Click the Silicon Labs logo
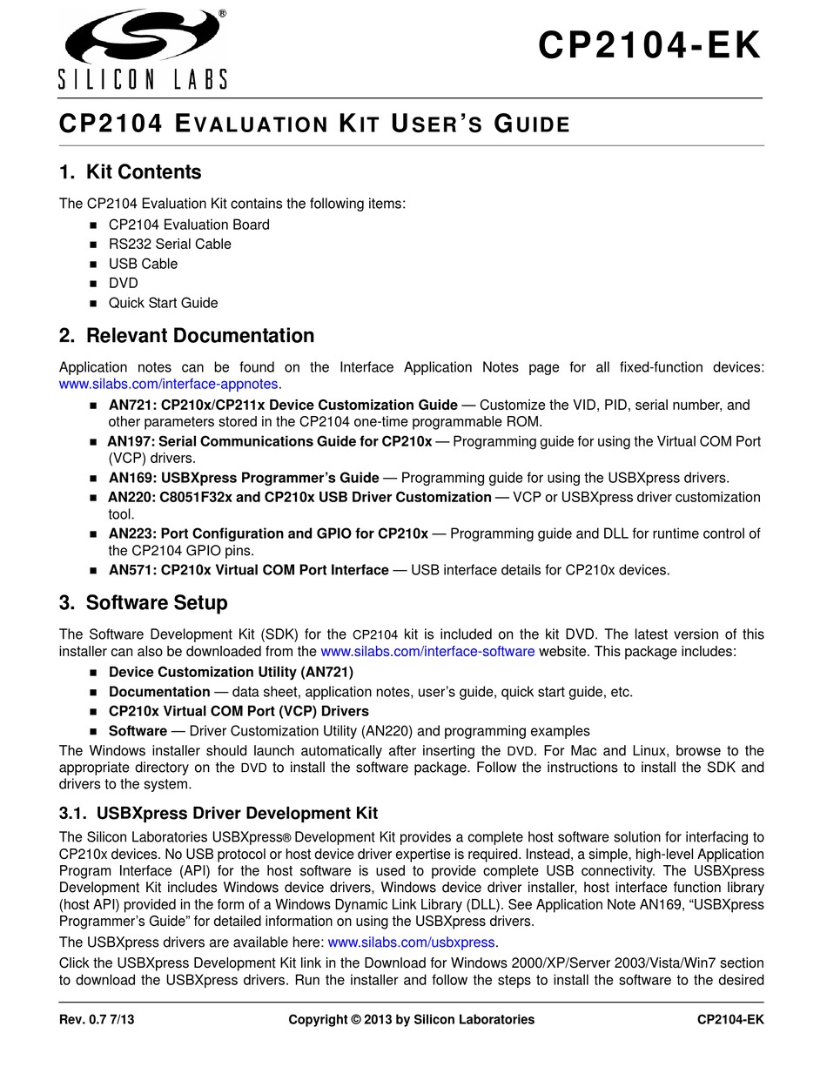[x=144, y=50]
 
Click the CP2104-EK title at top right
[x=649, y=46]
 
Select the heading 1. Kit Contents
[x=130, y=172]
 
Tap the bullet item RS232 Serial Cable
[x=170, y=245]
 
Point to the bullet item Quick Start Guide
[x=163, y=303]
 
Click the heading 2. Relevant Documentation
[x=186, y=336]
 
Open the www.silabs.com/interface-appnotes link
[x=169, y=384]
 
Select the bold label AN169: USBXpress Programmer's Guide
[x=244, y=478]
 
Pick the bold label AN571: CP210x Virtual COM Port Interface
[x=248, y=570]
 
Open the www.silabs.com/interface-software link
[x=427, y=651]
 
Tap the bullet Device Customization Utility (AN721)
[x=231, y=672]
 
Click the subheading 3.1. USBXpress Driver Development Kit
[x=218, y=814]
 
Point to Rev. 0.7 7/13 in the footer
[x=97, y=1019]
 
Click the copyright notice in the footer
[x=411, y=1019]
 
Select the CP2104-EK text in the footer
[x=730, y=1019]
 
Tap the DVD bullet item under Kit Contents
[x=123, y=284]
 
